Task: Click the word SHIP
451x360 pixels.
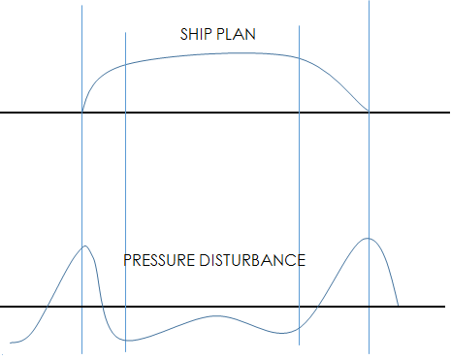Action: (x=196, y=35)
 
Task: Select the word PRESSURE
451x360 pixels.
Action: (x=158, y=261)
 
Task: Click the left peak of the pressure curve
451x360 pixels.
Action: (x=85, y=245)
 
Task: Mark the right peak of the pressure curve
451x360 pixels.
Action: (x=368, y=238)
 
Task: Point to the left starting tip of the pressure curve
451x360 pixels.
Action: (x=10, y=343)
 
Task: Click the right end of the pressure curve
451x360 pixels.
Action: (x=399, y=307)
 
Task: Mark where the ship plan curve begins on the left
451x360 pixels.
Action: (x=82, y=113)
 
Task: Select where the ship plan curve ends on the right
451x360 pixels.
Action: (x=370, y=113)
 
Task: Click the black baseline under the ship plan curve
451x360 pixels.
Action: (x=223, y=114)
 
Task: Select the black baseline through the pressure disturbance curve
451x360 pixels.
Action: (x=223, y=307)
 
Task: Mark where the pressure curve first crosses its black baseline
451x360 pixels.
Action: (x=45, y=307)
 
